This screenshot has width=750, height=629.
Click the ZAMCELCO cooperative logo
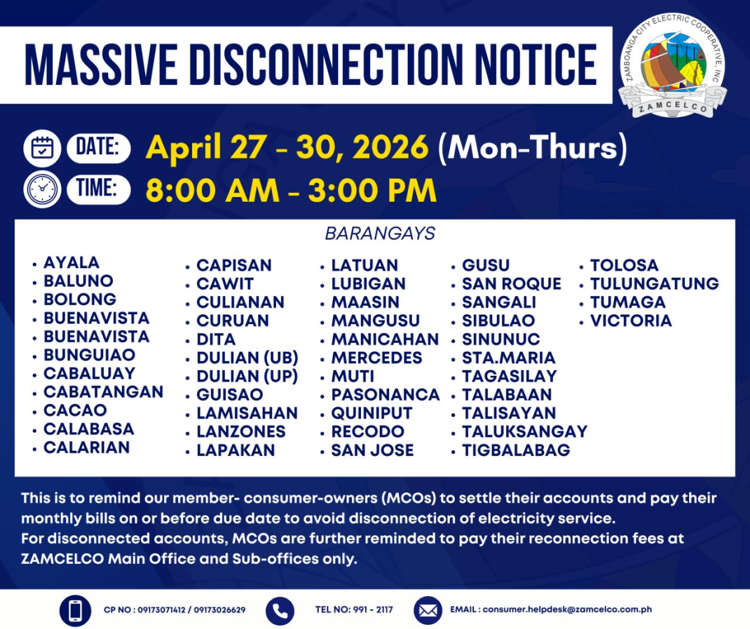[x=673, y=67]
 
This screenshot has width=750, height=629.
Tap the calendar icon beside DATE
[x=42, y=148]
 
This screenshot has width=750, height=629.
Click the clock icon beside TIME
[x=42, y=189]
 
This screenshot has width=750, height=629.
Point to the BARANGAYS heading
[x=380, y=234]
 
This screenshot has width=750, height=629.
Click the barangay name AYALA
[x=71, y=263]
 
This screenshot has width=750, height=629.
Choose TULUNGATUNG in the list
[x=654, y=284]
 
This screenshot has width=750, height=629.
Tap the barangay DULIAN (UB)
[x=247, y=358]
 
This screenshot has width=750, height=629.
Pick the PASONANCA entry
[x=386, y=395]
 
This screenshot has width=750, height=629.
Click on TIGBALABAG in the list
[x=516, y=450]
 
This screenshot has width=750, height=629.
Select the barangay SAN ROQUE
[x=512, y=284]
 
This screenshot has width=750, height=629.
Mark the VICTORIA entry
[x=631, y=321]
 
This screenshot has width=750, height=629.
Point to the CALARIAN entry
[x=87, y=447]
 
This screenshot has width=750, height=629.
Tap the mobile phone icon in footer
[x=75, y=611]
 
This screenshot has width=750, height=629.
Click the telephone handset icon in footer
[x=280, y=611]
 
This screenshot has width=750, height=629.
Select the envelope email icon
[x=428, y=611]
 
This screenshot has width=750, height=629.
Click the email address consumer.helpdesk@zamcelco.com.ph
[x=567, y=610]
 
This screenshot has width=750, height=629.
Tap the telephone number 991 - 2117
[x=373, y=610]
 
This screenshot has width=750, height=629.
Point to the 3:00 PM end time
[x=372, y=191]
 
